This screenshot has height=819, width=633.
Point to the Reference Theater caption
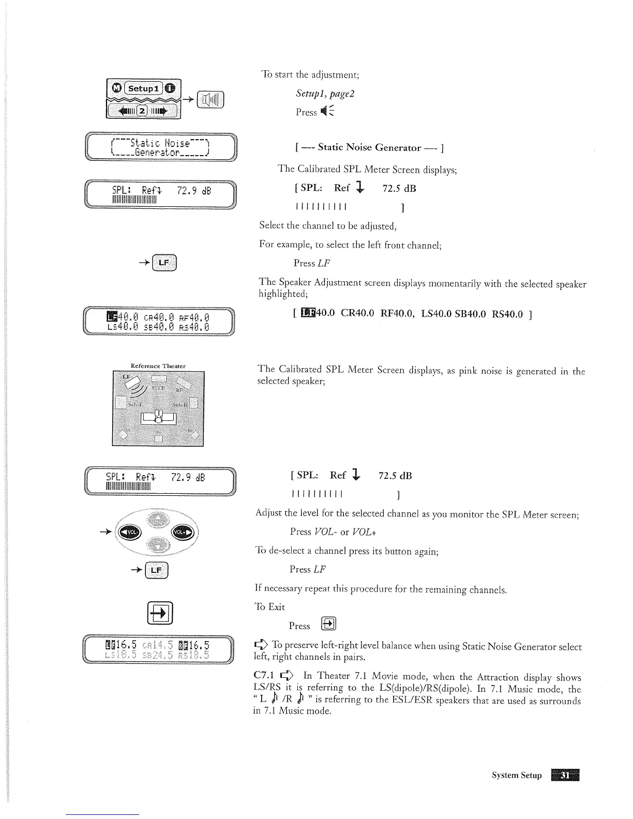click(x=158, y=366)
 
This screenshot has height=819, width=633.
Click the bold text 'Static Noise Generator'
click(x=369, y=148)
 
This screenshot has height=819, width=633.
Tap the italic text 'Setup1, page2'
click(x=325, y=94)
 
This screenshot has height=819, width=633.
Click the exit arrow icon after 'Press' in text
click(x=329, y=624)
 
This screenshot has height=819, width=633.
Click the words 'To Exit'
click(x=270, y=607)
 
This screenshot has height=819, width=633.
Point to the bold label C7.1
click(x=264, y=677)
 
